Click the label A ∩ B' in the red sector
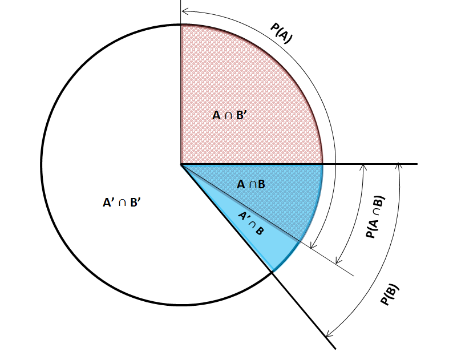(229, 115)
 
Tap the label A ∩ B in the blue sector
(251, 184)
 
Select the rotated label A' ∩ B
(251, 224)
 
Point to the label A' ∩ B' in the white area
(122, 203)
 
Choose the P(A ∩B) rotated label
(375, 217)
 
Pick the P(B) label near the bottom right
(389, 294)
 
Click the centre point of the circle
(181, 164)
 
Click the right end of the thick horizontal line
(417, 164)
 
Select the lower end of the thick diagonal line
(335, 349)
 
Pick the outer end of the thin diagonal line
(354, 276)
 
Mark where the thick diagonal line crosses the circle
(272, 272)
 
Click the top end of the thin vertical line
(181, 1)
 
